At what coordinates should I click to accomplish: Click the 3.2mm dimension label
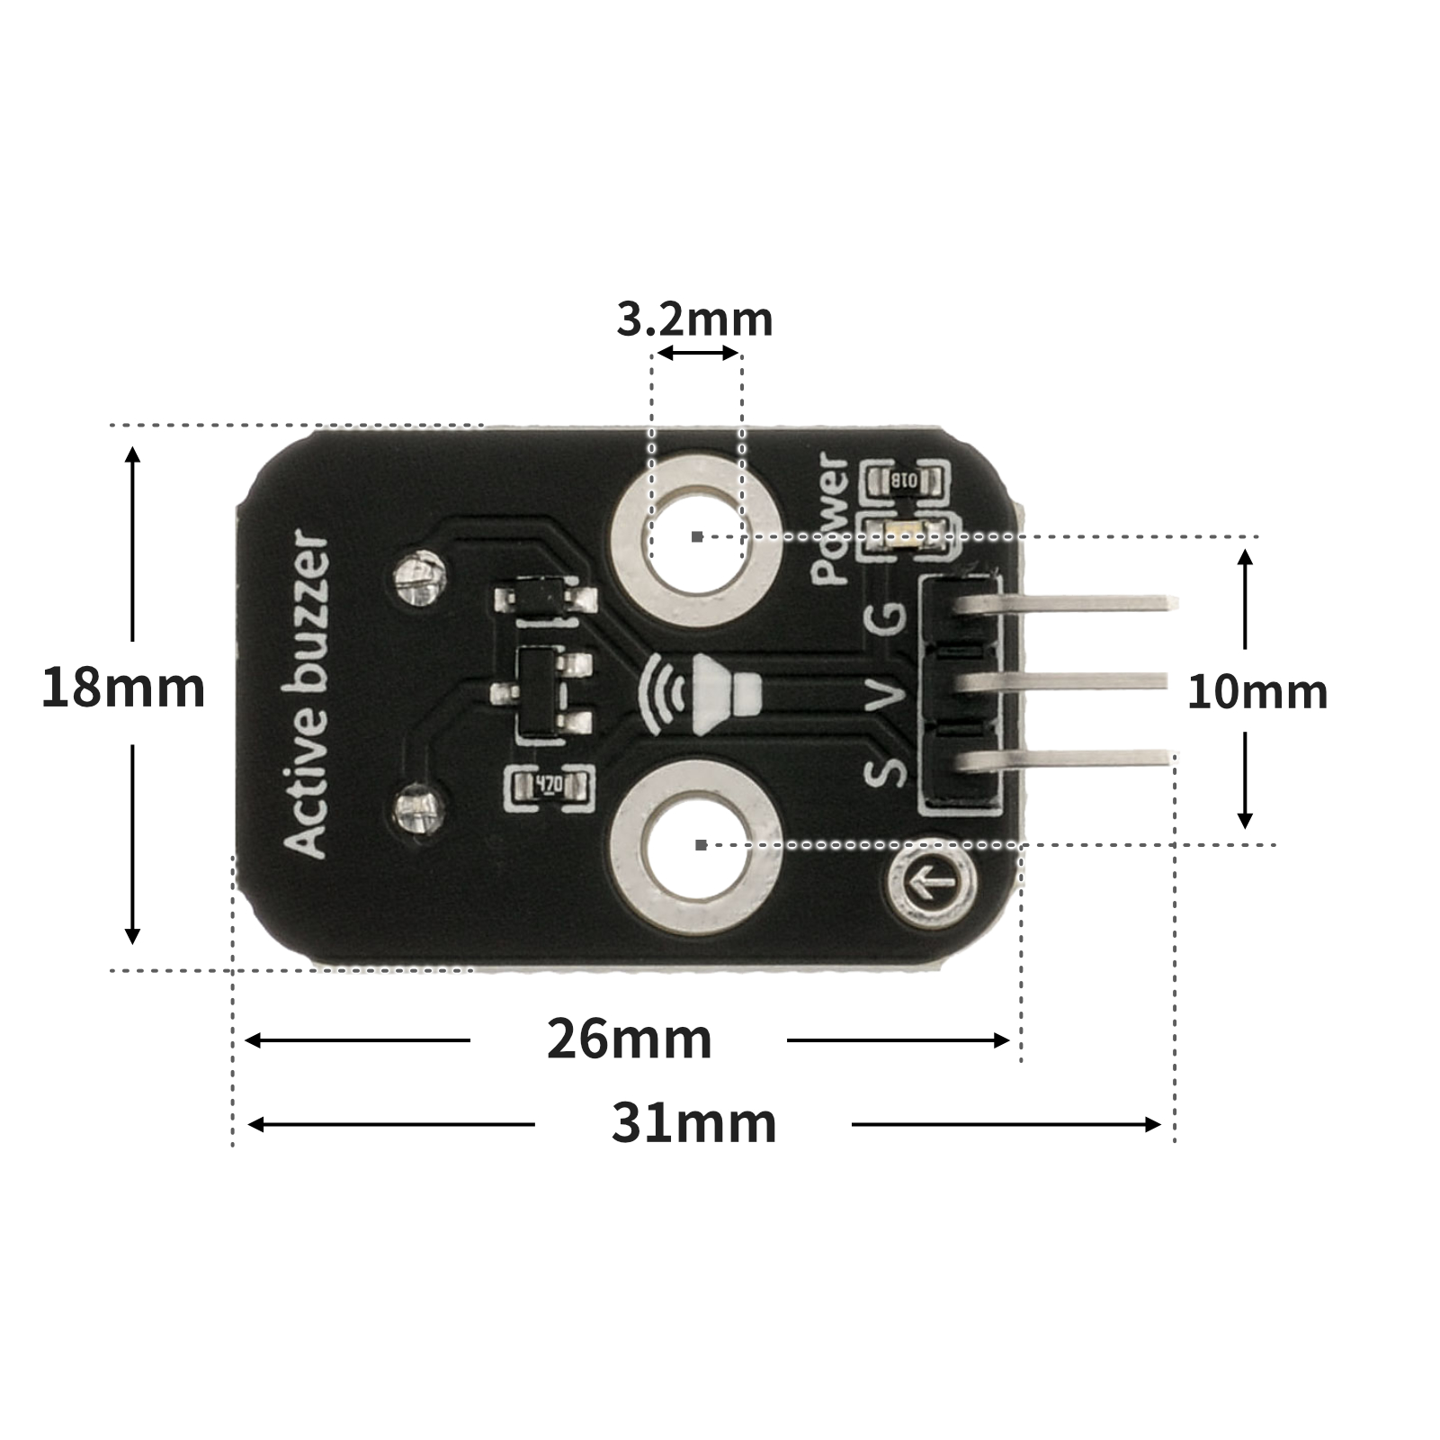(x=694, y=319)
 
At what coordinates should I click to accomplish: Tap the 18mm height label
(x=123, y=688)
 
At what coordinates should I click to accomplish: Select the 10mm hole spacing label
(x=1257, y=692)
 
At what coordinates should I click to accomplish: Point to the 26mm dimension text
(x=629, y=1039)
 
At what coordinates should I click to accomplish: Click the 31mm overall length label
(x=693, y=1123)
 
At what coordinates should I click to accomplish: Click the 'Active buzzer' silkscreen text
(x=305, y=694)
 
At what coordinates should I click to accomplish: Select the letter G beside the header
(x=885, y=616)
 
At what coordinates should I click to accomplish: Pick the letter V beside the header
(x=886, y=694)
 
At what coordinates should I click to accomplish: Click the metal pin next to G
(x=1070, y=603)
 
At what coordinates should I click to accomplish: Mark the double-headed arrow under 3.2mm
(x=697, y=353)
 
